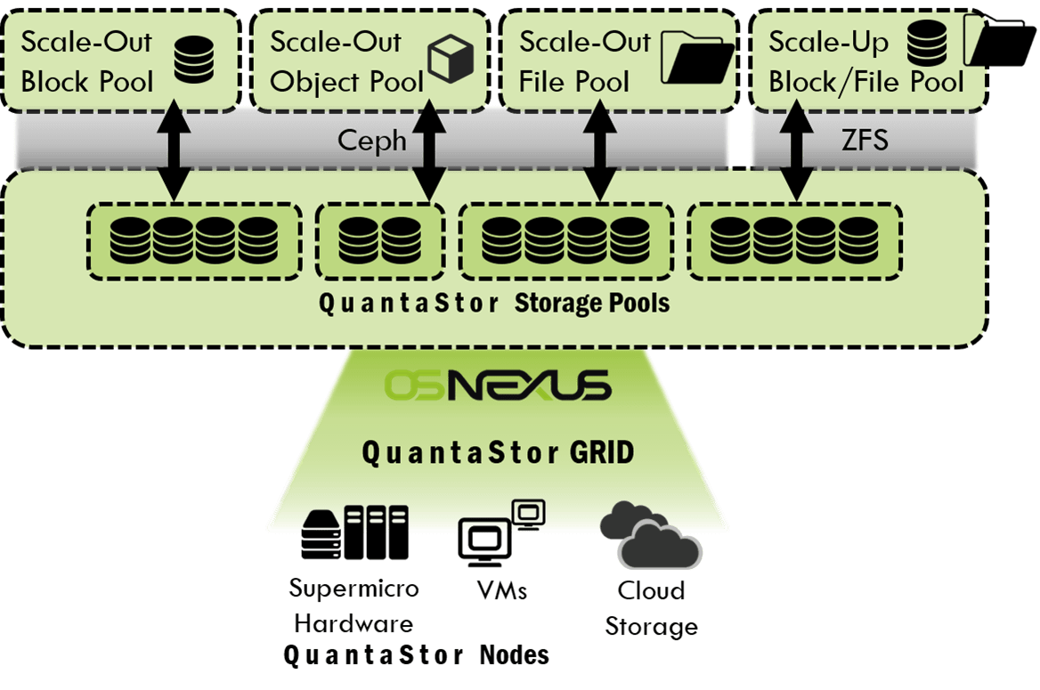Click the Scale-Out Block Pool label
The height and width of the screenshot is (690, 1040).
click(x=86, y=61)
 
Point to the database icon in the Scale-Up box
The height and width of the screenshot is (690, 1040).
click(x=928, y=45)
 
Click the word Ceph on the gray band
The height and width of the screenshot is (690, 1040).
click(x=372, y=140)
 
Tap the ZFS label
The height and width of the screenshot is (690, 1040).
click(x=865, y=140)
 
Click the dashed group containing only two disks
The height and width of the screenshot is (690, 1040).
click(x=380, y=239)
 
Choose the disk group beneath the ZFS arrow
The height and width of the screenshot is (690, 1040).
click(x=794, y=239)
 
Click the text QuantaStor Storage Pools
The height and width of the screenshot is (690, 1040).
click(x=494, y=304)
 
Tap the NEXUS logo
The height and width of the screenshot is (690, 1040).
click(x=529, y=386)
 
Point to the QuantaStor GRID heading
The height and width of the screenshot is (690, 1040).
click(x=498, y=452)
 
